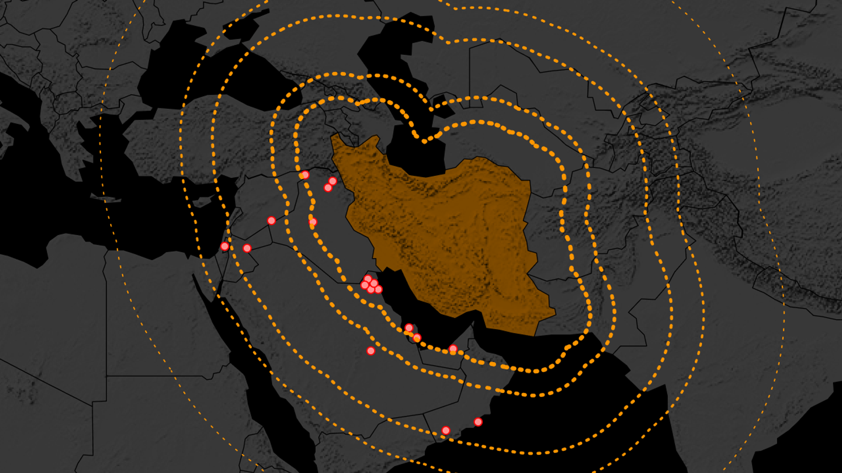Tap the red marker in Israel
pos(225,246)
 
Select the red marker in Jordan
pos(247,249)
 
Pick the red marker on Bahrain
pos(409,328)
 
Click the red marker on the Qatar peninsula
pos(417,338)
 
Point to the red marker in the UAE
pos(453,349)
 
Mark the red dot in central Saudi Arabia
pos(371,351)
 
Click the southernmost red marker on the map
pos(446,430)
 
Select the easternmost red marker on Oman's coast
pos(478,422)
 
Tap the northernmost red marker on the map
pos(305,175)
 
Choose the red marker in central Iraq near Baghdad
pos(313,222)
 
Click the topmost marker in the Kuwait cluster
pos(368,279)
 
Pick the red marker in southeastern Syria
pos(271,220)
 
